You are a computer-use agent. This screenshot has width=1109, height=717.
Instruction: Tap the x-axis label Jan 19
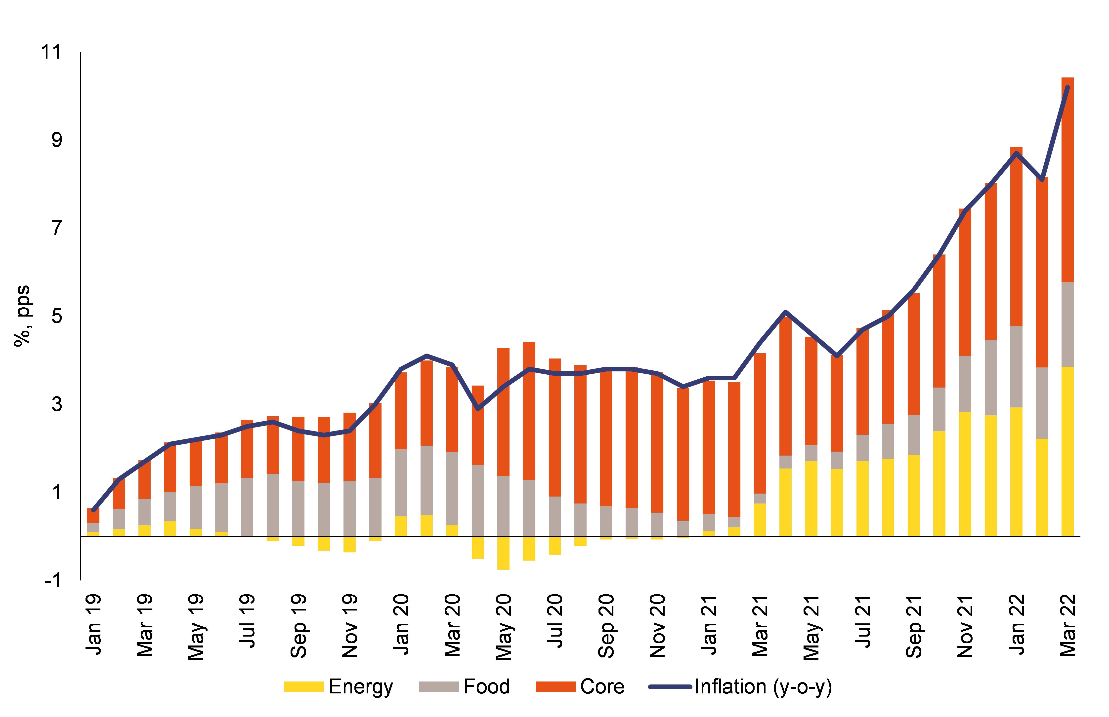tap(94, 624)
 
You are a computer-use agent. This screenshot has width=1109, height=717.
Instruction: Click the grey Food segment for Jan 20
tap(401, 482)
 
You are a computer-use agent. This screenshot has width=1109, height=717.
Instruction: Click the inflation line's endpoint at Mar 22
tap(1067, 87)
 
